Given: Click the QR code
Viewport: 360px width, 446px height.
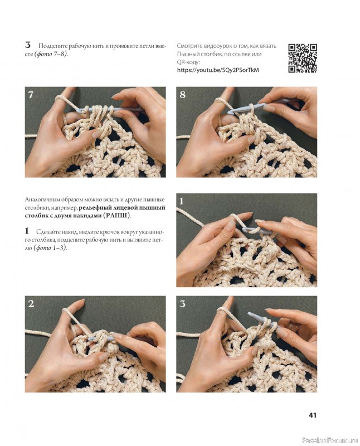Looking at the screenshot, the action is tap(303, 58).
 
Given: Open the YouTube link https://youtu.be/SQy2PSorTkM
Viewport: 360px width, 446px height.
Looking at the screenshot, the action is tap(218, 70).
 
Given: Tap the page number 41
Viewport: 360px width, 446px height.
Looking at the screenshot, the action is tap(313, 415).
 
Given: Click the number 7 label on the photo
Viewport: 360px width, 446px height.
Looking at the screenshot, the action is tap(31, 94).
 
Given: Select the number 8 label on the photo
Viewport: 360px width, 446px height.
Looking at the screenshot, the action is tap(182, 94).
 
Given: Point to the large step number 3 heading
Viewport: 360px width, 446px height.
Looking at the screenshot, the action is tap(27, 45).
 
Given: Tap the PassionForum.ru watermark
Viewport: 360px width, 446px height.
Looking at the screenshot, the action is tap(329, 440).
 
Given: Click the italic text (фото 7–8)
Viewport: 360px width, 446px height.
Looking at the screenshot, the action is tap(51, 54).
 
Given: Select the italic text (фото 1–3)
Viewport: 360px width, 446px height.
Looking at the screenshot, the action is tap(50, 248).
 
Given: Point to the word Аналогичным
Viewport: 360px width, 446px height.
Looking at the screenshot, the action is tap(42, 200).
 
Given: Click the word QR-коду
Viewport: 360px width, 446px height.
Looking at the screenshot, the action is tap(188, 62).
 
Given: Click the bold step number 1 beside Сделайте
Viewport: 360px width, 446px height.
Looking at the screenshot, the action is tap(27, 231).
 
